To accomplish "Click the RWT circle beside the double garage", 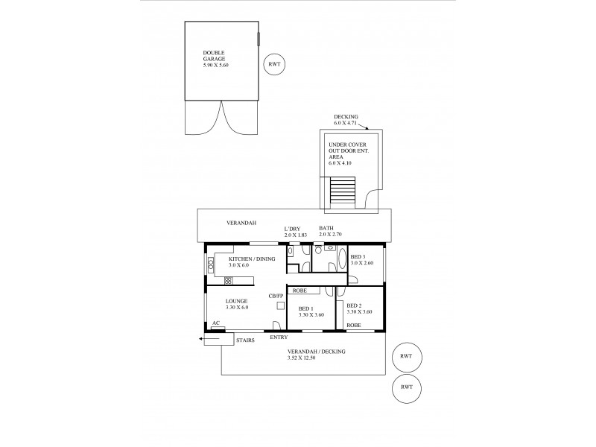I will (x=274, y=65).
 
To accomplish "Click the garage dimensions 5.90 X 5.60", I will (x=218, y=66).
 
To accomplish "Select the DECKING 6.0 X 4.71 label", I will (x=347, y=120).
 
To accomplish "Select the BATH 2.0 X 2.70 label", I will (x=329, y=232).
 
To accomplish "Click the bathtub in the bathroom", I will (x=341, y=261).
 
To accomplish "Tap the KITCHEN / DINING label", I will (x=253, y=259).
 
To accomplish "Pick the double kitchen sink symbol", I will (x=228, y=280).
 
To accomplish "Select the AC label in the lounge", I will (x=216, y=323).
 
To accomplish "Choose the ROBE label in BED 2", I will (x=354, y=326).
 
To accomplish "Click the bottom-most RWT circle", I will (x=405, y=387).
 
